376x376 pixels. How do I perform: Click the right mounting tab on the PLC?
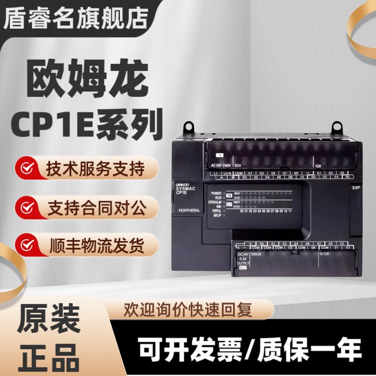point(337,126)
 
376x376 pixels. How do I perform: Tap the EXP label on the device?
point(356,188)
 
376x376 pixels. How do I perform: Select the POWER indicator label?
point(216,193)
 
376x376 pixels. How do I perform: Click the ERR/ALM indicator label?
point(216,202)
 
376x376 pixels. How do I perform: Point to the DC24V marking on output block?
point(243,254)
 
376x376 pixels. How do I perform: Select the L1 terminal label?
point(216,173)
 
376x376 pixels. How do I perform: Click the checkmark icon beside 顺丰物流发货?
point(28,245)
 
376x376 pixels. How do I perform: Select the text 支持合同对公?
point(96,207)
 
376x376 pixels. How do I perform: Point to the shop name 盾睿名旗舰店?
point(75,19)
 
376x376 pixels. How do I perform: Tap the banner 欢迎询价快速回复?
point(188,310)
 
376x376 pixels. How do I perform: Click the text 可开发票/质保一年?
point(250,350)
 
